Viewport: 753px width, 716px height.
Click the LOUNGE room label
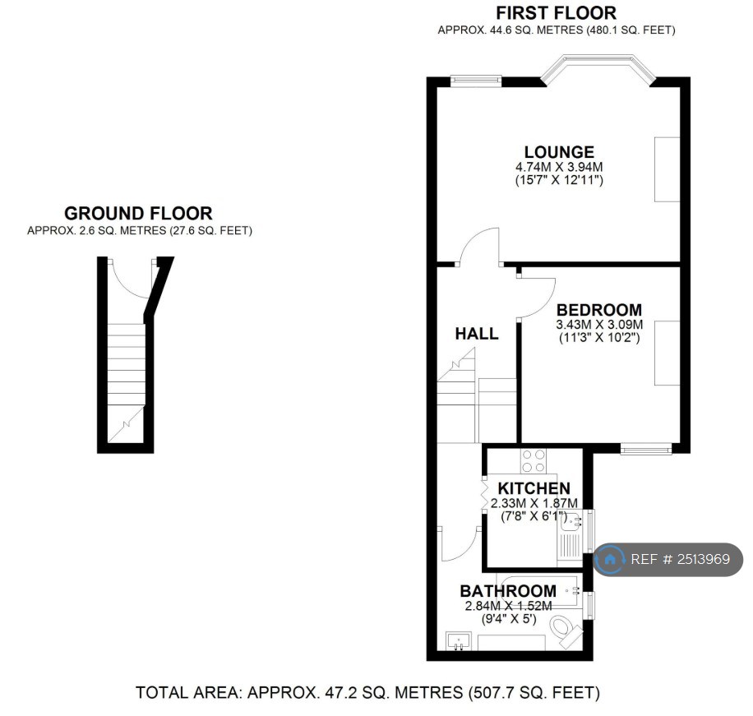pos(559,152)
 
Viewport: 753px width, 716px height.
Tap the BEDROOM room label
pos(599,310)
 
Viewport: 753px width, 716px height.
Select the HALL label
pos(477,334)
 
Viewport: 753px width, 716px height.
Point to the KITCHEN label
pos(534,489)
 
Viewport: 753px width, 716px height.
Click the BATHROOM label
pos(507,591)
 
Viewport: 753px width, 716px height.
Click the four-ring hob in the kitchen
pos(534,461)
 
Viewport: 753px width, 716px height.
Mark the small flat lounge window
pos(476,80)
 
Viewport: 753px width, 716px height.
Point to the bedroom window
pos(645,449)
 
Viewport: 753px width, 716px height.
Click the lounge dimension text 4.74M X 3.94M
pos(559,167)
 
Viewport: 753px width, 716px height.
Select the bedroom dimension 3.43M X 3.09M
pos(599,325)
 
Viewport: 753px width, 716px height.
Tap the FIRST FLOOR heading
pos(557,13)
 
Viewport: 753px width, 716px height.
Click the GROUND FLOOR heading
pos(138,214)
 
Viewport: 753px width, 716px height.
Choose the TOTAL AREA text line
pos(367,693)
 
